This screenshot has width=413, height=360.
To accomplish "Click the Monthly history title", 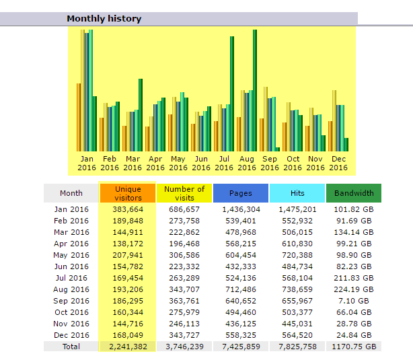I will click(104, 19).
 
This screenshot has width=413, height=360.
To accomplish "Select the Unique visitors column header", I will click(128, 193).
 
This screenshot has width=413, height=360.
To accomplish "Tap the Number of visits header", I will click(184, 193).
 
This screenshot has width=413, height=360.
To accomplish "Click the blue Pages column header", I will click(241, 193).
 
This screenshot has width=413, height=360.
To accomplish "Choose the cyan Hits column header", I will click(297, 193).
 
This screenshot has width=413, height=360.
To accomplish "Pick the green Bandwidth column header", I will click(354, 193).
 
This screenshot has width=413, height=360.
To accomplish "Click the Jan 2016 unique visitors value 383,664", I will click(128, 209).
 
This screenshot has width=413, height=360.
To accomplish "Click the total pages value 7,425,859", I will click(241, 347).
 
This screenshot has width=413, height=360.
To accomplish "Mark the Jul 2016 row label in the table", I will click(71, 278).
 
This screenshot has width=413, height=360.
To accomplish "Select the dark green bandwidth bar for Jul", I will click(232, 94).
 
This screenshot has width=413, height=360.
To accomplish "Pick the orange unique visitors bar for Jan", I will click(79, 118).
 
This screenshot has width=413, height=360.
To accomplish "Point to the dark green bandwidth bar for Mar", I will click(141, 115).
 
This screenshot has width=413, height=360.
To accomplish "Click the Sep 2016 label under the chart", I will click(270, 164).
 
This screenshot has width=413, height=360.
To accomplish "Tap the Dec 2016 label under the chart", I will click(338, 164).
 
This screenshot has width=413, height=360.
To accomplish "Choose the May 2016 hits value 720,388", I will click(297, 255).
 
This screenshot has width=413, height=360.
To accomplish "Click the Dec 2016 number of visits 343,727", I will click(184, 335).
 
